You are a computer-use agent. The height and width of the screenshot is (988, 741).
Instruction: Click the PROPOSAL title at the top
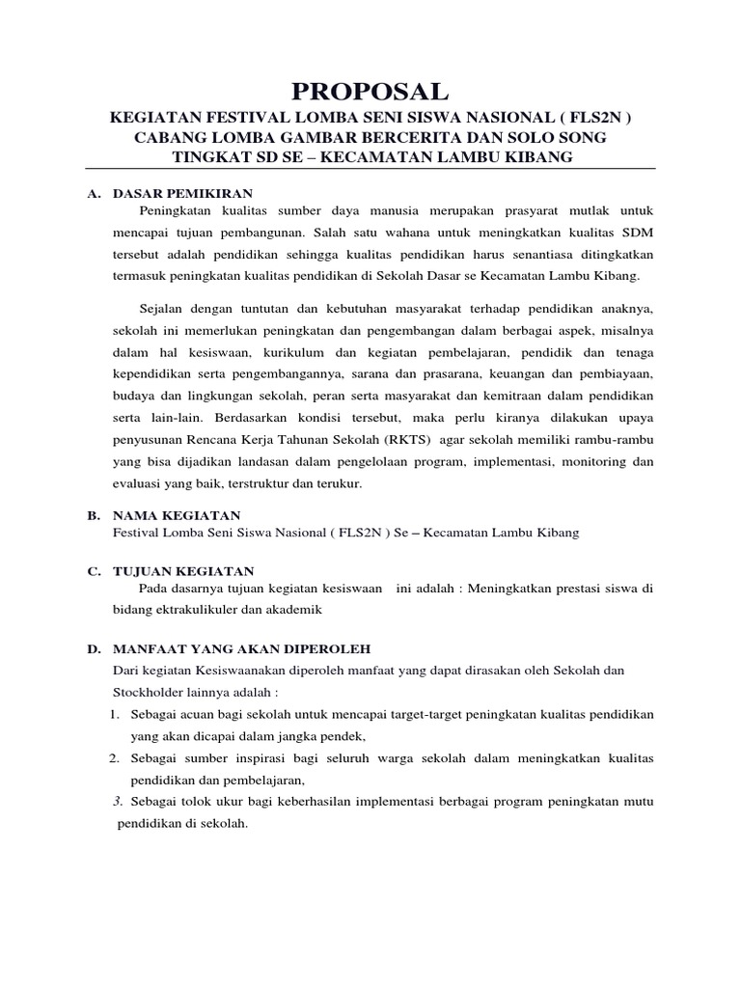(x=371, y=92)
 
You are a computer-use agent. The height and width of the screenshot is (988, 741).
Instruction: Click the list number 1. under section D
(x=113, y=714)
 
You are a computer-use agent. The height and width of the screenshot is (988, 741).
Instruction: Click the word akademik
(x=292, y=611)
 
